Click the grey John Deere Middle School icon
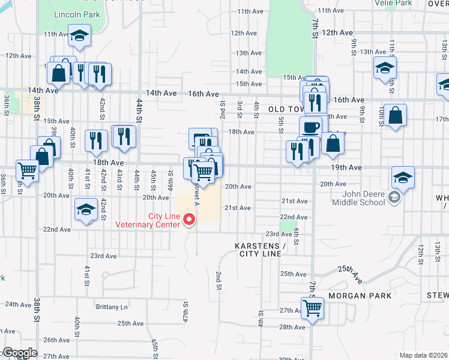[394, 197]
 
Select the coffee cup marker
[311, 127]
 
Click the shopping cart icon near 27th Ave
[312, 308]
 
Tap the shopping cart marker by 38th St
[26, 170]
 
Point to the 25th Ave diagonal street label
[351, 274]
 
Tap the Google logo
[19, 353]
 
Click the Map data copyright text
[423, 355]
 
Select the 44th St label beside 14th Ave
[139, 111]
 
